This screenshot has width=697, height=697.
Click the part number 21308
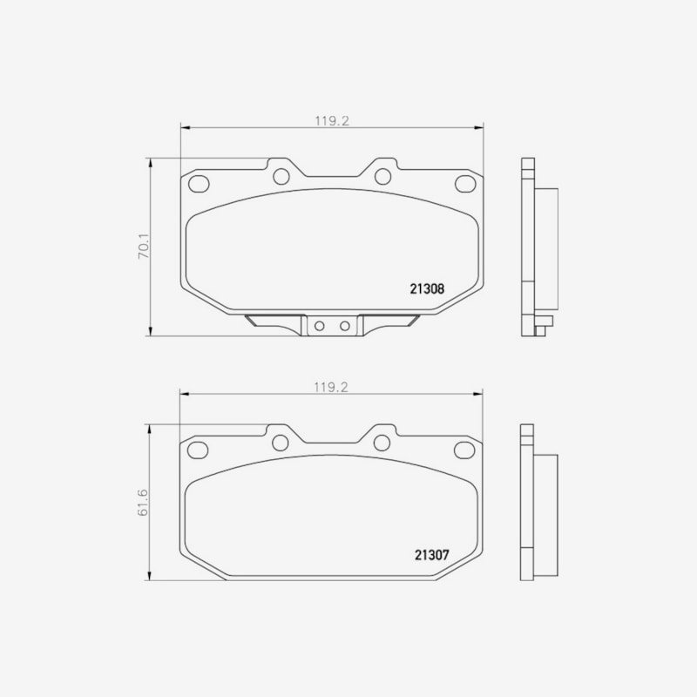[x=427, y=289]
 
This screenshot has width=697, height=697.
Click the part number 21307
[x=432, y=555]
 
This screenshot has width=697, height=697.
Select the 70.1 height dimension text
[x=144, y=247]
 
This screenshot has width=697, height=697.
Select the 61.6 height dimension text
[x=143, y=503]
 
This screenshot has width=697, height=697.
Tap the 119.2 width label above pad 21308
[x=332, y=121]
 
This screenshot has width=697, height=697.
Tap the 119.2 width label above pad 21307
[x=331, y=387]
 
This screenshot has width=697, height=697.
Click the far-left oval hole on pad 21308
[x=199, y=184]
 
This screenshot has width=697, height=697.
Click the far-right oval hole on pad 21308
[x=465, y=184]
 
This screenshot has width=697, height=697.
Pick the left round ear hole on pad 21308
[x=281, y=177]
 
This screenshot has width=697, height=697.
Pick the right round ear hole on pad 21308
[x=382, y=177]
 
